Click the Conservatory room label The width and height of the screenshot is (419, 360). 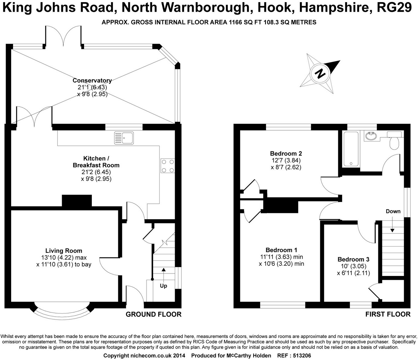tap(92, 81)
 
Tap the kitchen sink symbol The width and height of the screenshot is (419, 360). tap(124, 138)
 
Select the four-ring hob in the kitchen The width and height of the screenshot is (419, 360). tap(168, 166)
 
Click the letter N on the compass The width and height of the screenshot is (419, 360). tap(320, 74)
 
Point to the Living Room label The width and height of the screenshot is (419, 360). tap(64, 251)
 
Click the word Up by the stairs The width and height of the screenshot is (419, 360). tap(163, 286)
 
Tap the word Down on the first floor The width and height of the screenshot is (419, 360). tap(393, 211)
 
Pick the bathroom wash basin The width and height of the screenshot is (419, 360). tap(371, 136)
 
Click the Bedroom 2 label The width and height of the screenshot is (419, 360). tap(286, 153)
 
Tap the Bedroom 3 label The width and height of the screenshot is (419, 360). tap(353, 260)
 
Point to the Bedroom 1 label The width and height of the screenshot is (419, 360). tap(281, 250)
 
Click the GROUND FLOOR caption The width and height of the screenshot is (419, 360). tap(153, 314)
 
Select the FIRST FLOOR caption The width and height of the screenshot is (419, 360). tap(388, 314)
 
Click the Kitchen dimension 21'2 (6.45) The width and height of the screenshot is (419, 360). tap(96, 172)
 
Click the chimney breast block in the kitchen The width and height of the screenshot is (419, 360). tap(77, 201)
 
